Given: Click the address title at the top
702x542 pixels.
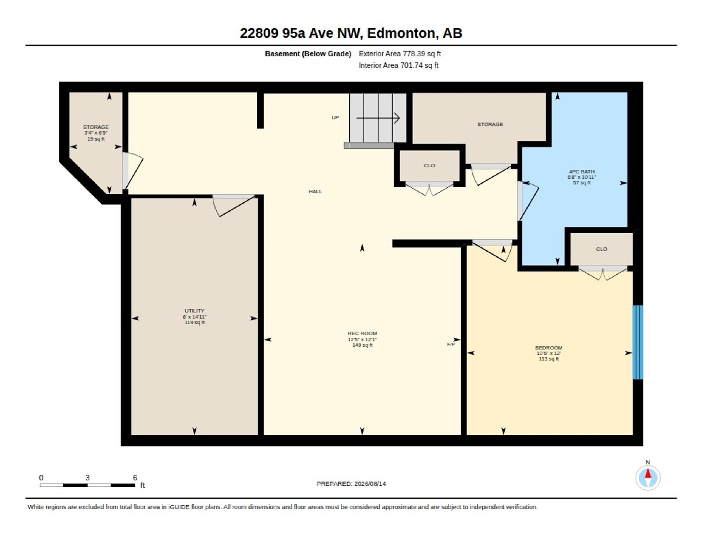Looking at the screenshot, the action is [351, 33].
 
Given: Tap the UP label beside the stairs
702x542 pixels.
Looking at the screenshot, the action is [335, 118].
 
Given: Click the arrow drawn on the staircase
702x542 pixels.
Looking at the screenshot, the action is [378, 118].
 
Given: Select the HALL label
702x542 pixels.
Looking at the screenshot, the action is [315, 192].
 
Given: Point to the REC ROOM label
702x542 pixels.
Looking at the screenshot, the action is [362, 333].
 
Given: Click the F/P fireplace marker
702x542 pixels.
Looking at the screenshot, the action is [451, 344].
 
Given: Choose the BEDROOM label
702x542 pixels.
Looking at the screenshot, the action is [549, 348].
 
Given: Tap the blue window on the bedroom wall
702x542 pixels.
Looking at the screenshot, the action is [638, 342].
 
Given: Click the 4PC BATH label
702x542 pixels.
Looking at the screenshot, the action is [582, 172].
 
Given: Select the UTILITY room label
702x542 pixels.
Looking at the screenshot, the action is [194, 311].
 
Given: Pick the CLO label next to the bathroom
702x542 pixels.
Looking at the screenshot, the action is [601, 249].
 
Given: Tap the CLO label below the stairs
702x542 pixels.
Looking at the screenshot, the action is [429, 166].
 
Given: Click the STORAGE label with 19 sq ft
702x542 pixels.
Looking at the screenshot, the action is [96, 127].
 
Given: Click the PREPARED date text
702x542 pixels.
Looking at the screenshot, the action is [351, 484].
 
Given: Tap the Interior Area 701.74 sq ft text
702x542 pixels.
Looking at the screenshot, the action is [398, 65].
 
